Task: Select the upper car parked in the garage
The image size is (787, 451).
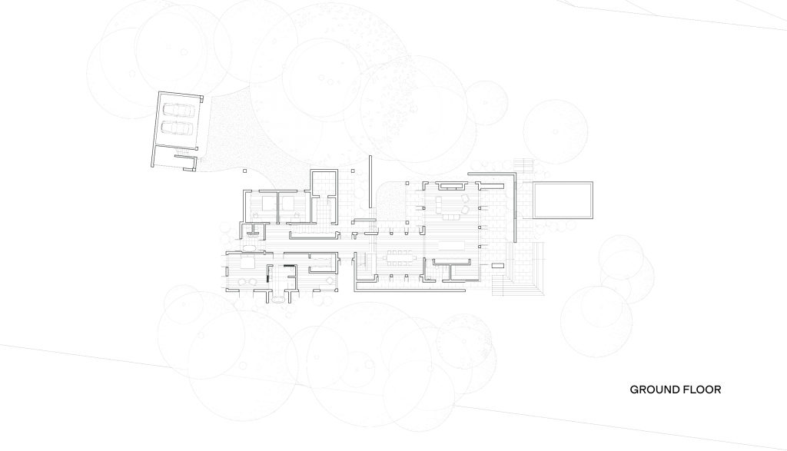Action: pyautogui.click(x=177, y=111)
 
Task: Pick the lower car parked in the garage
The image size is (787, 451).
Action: pyautogui.click(x=177, y=128)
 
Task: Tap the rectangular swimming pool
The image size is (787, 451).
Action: pyautogui.click(x=563, y=201)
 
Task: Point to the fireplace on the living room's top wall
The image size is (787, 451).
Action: pyautogui.click(x=450, y=186)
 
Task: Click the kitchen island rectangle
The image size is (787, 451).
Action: pyautogui.click(x=452, y=245)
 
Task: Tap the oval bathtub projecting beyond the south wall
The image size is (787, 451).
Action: pyautogui.click(x=277, y=300)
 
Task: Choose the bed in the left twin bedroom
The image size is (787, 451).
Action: pyautogui.click(x=267, y=203)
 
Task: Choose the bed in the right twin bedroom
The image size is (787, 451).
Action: pyautogui.click(x=287, y=203)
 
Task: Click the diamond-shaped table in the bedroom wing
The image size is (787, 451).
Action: pyautogui.click(x=330, y=280)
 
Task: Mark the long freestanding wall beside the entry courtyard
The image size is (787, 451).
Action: pyautogui.click(x=370, y=181)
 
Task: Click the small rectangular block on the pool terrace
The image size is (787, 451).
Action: pyautogui.click(x=497, y=265)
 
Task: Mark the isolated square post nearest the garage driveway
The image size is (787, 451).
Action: pyautogui.click(x=245, y=171)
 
